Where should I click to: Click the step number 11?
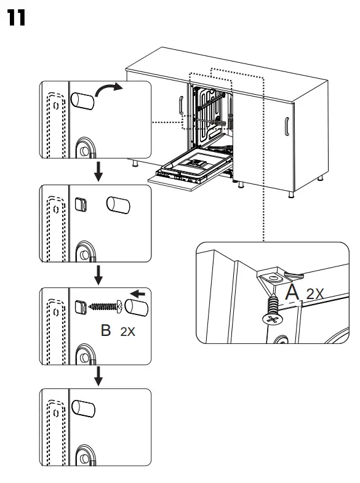(17, 18)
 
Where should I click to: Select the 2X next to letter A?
(314, 294)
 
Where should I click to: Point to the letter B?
(106, 330)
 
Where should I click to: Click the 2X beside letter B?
(127, 332)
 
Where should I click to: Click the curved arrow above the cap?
(110, 92)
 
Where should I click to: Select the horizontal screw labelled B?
(106, 305)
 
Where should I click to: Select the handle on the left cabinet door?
(180, 106)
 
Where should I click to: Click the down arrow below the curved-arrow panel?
(97, 174)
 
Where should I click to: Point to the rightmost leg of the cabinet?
(321, 178)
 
